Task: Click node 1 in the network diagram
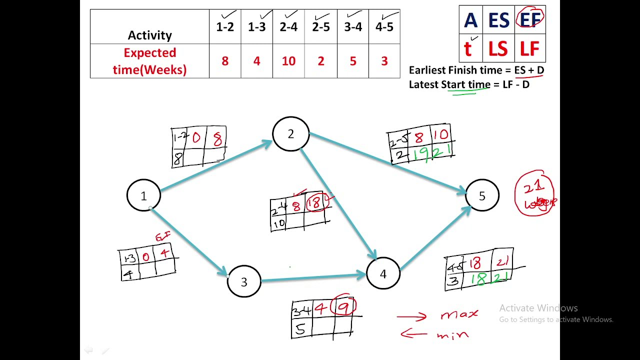pyautogui.click(x=143, y=195)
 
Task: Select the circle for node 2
pyautogui.click(x=290, y=134)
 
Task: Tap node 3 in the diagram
pyautogui.click(x=244, y=282)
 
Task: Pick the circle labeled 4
pyautogui.click(x=383, y=273)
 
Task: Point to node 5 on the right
pyautogui.click(x=482, y=195)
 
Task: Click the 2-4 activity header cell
pyautogui.click(x=288, y=27)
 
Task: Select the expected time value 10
pyautogui.click(x=288, y=61)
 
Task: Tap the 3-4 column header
pyautogui.click(x=353, y=27)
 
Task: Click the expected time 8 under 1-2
pyautogui.click(x=225, y=61)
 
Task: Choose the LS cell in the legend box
pyautogui.click(x=498, y=48)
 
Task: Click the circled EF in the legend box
pyautogui.click(x=530, y=19)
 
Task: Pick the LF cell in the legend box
pyautogui.click(x=529, y=48)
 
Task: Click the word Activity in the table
pyautogui.click(x=149, y=35)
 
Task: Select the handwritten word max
pyautogui.click(x=459, y=314)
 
